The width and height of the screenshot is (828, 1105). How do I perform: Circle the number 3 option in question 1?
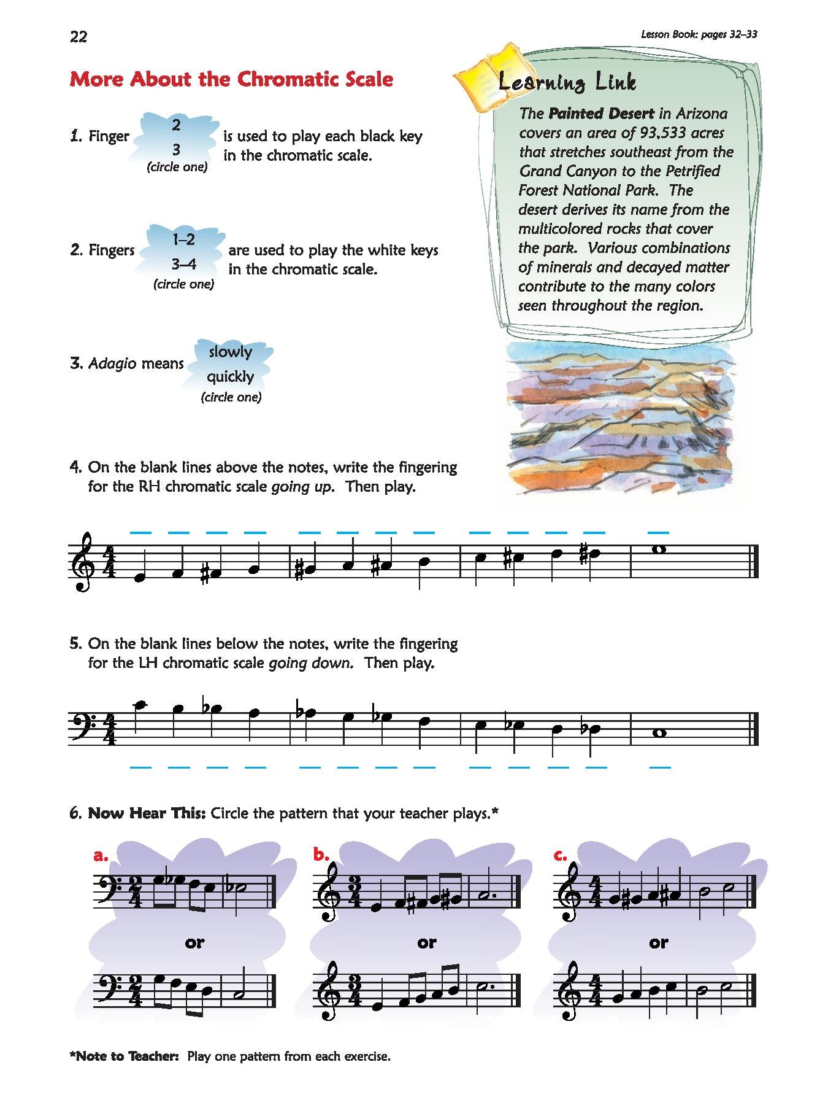pyautogui.click(x=176, y=149)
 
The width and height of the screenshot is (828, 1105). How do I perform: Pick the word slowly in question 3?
pyautogui.click(x=231, y=352)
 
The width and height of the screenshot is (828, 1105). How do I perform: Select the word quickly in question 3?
pyautogui.click(x=230, y=376)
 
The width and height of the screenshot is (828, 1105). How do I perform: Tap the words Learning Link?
pyautogui.click(x=567, y=82)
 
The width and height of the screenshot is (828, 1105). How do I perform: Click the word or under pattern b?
pyautogui.click(x=427, y=942)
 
